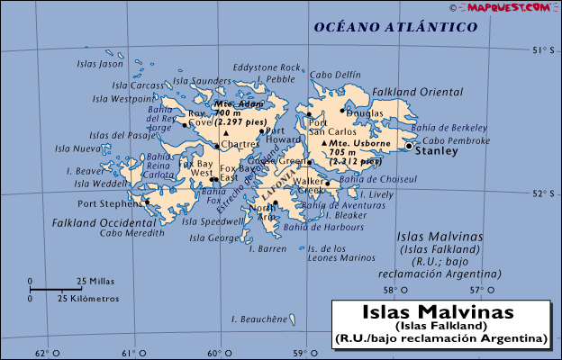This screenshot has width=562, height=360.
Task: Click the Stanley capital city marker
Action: click(x=410, y=146)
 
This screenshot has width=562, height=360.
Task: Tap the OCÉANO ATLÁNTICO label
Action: click(x=395, y=28)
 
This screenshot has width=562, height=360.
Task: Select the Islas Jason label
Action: click(x=99, y=64)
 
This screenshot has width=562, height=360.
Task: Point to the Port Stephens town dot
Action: click(x=147, y=202)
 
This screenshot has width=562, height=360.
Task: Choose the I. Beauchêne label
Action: click(x=258, y=319)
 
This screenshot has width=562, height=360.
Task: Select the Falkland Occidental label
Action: click(x=91, y=221)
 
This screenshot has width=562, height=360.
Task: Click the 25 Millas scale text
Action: click(x=95, y=280)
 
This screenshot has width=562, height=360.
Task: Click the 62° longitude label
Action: click(x=41, y=352)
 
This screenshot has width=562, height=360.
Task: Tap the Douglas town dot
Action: click(x=341, y=111)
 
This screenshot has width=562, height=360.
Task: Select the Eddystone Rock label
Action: click(x=267, y=67)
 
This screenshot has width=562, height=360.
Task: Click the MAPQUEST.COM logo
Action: click(x=510, y=6)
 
